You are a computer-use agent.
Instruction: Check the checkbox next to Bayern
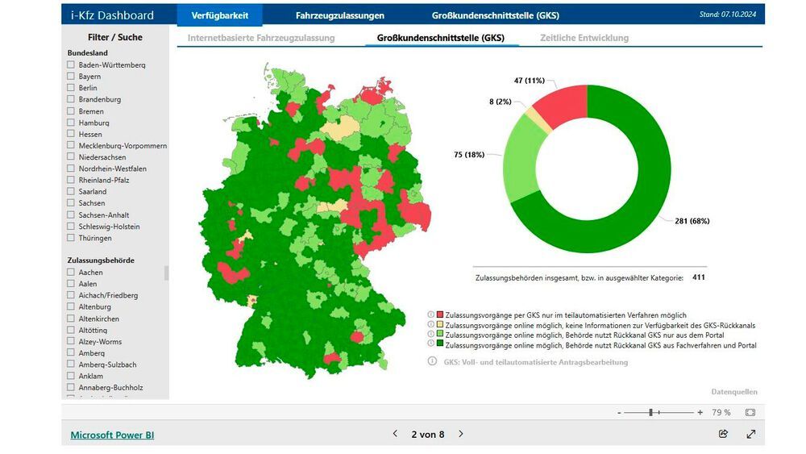point(71,77)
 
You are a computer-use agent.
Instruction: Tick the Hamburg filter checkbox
point(71,123)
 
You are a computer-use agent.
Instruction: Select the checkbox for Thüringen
point(71,238)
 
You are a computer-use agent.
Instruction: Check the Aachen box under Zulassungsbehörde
point(71,273)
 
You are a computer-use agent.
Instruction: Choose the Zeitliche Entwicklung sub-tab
point(584,38)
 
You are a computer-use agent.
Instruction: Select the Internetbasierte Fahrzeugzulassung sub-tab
point(261,38)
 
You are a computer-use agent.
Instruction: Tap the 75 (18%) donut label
point(468,154)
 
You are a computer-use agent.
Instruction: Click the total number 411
point(699,277)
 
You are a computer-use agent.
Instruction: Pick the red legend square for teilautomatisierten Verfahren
point(440,314)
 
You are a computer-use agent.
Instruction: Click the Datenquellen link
point(733,392)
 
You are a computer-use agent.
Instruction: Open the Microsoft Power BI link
point(112,435)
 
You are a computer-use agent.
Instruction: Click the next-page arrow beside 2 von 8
point(461,434)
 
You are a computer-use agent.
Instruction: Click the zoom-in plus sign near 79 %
point(700,412)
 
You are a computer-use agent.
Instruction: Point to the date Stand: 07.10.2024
point(728,15)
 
